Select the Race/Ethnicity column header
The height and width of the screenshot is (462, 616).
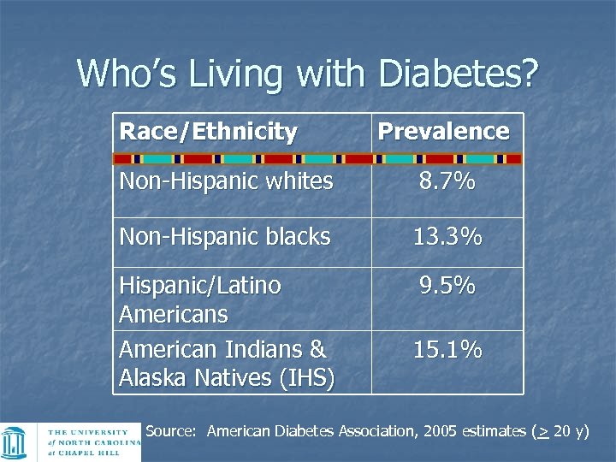pyautogui.click(x=208, y=132)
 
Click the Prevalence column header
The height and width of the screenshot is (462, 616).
pyautogui.click(x=443, y=132)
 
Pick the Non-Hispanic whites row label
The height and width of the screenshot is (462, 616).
pyautogui.click(x=226, y=181)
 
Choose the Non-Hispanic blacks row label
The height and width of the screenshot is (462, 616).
pyautogui.click(x=224, y=237)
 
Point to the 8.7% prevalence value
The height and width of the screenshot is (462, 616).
pyautogui.click(x=447, y=181)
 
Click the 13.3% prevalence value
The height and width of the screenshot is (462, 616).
pyautogui.click(x=447, y=237)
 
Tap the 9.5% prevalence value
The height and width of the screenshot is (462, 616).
pyautogui.click(x=447, y=286)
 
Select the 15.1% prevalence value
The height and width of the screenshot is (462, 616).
pyautogui.click(x=447, y=350)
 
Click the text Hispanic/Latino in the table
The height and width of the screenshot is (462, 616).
pyautogui.click(x=200, y=286)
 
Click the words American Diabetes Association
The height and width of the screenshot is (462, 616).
pyautogui.click(x=312, y=431)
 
